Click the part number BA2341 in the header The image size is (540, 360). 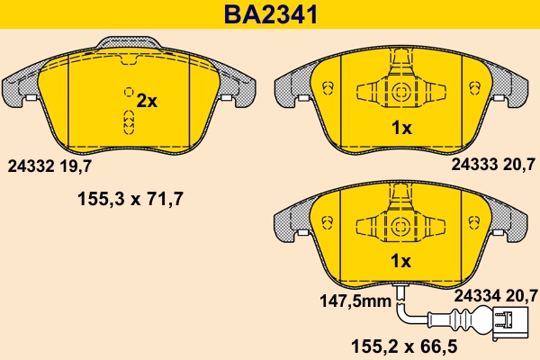point(270,14)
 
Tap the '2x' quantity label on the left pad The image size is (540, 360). point(145,102)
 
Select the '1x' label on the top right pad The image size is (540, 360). point(401,129)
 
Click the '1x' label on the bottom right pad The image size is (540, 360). point(401,262)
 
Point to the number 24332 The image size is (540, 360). point(30,166)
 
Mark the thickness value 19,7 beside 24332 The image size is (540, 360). point(76,166)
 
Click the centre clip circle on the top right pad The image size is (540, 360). point(398,91)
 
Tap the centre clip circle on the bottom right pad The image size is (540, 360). point(398,224)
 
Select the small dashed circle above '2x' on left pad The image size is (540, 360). point(129,92)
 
